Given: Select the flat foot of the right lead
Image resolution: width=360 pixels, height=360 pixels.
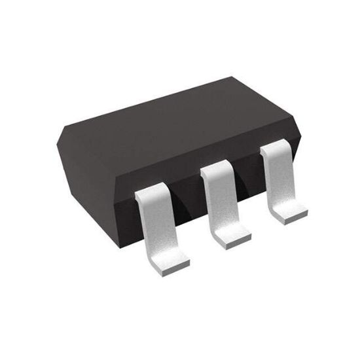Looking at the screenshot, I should tap(289, 211).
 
